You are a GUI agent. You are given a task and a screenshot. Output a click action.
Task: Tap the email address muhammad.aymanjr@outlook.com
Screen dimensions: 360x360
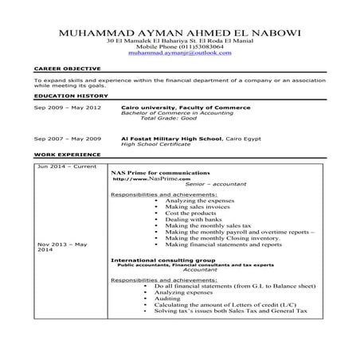pos(180,59)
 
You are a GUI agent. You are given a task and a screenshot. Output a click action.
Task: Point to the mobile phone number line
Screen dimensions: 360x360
pos(180,52)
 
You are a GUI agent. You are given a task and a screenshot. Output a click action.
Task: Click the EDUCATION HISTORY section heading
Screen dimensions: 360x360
pos(63,95)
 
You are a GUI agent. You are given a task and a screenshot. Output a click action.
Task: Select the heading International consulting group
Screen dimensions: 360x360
pos(162,260)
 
